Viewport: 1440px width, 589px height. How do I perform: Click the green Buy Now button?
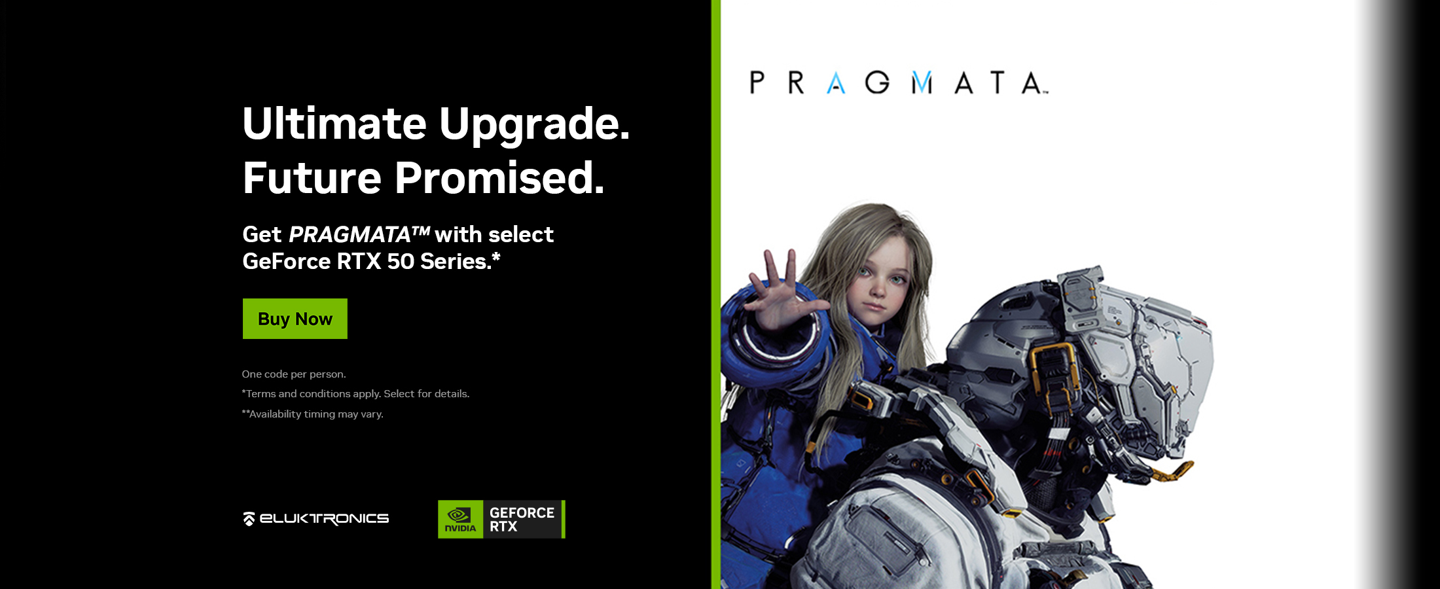pyautogui.click(x=295, y=319)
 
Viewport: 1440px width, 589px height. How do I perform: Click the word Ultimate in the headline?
pyautogui.click(x=334, y=123)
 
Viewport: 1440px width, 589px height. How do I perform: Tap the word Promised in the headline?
pyautogui.click(x=499, y=178)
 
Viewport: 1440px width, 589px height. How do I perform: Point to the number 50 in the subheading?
pyautogui.click(x=401, y=262)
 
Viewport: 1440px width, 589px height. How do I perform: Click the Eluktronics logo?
pyautogui.click(x=316, y=519)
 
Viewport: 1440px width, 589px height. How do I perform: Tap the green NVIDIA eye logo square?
pyautogui.click(x=461, y=520)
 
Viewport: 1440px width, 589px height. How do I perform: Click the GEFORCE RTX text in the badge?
pyautogui.click(x=522, y=520)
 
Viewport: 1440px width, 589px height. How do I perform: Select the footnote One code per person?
pyautogui.click(x=294, y=374)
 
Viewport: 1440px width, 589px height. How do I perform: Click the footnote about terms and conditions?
pyautogui.click(x=355, y=394)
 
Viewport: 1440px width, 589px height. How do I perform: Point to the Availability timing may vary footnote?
pyautogui.click(x=313, y=414)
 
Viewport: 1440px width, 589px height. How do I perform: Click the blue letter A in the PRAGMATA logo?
pyautogui.click(x=836, y=83)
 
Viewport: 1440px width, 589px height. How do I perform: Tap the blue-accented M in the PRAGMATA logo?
pyautogui.click(x=922, y=83)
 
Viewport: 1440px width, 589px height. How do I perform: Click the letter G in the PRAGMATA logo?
pyautogui.click(x=877, y=83)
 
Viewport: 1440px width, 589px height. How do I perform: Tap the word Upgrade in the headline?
pyautogui.click(x=534, y=124)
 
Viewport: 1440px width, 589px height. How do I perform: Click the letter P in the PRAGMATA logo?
pyautogui.click(x=757, y=83)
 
